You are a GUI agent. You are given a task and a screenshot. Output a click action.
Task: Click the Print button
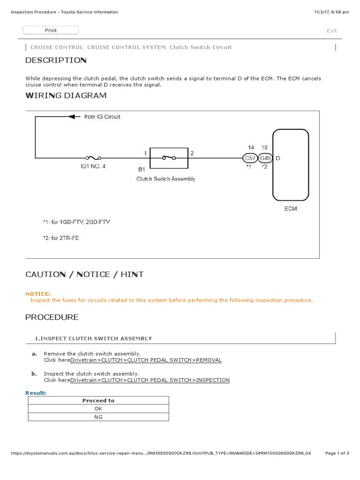click(51, 30)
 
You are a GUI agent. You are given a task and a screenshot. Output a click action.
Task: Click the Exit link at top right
click(331, 31)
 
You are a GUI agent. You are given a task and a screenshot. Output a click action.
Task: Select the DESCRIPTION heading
click(56, 60)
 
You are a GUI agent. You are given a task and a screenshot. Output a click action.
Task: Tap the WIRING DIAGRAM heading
click(66, 96)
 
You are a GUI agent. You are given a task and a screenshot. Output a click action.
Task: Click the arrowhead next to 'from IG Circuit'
click(72, 117)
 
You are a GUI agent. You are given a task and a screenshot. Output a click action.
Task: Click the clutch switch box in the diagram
click(168, 158)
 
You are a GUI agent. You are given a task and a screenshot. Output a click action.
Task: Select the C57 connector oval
click(250, 158)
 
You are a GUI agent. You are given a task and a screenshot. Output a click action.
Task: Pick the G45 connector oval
click(265, 158)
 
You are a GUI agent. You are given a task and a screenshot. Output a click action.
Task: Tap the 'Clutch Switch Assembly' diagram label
click(165, 179)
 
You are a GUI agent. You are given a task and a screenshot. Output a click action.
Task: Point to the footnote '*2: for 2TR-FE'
click(61, 238)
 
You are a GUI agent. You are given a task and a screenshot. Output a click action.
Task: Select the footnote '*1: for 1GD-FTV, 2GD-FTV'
click(76, 222)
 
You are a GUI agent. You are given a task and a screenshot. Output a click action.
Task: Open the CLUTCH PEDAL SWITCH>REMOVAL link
click(146, 360)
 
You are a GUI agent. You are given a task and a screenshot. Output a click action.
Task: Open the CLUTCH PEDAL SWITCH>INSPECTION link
click(150, 380)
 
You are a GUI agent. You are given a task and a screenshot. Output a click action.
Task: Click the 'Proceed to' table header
click(98, 401)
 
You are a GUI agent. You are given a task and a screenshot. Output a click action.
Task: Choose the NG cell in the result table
click(98, 417)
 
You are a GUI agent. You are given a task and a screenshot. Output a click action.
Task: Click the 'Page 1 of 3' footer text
click(337, 453)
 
